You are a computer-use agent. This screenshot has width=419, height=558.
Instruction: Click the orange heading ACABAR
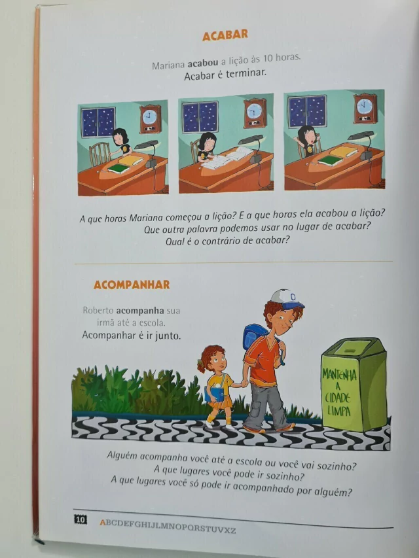225,35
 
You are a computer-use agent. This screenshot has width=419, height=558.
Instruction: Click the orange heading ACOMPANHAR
132,285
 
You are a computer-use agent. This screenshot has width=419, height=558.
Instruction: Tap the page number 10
81,519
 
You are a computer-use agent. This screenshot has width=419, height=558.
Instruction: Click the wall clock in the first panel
150,119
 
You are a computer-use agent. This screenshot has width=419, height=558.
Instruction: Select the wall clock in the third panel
365,108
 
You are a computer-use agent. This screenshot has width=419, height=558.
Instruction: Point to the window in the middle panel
200,117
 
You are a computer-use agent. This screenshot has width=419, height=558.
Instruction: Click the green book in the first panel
118,169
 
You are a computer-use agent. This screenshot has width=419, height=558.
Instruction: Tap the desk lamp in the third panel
363,145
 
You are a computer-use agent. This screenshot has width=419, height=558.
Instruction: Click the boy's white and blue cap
287,298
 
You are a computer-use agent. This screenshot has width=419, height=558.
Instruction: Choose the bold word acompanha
140,311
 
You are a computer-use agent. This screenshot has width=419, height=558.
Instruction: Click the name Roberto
98,310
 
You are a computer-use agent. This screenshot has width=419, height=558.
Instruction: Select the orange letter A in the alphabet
103,523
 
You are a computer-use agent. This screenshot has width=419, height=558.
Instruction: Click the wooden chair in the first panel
100,154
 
